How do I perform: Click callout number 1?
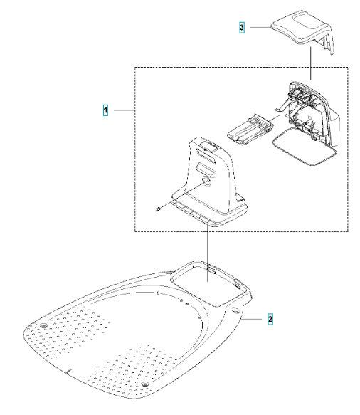(105, 110)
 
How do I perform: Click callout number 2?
(270, 319)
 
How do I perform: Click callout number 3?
(242, 27)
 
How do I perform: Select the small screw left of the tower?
(158, 209)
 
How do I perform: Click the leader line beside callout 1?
(125, 110)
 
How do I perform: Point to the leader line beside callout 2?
(251, 319)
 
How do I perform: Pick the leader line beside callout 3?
(260, 27)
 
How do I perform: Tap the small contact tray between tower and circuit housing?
(250, 130)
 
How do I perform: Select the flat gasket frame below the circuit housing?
(305, 146)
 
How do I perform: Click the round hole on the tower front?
(206, 181)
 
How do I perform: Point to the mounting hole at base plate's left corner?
(43, 325)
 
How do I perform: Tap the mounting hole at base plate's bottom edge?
(144, 384)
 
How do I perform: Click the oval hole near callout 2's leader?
(235, 310)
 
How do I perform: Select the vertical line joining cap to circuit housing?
(311, 63)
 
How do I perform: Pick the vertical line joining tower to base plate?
(208, 251)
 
